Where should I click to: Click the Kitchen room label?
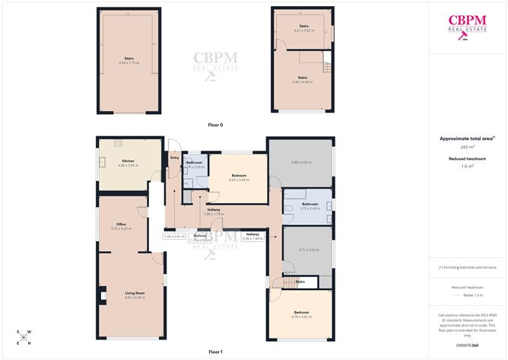click(126, 161)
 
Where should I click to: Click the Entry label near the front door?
click(174, 158)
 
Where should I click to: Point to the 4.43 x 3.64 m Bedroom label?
click(240, 177)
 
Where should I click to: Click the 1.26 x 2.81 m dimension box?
click(174, 237)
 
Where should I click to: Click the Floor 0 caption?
click(215, 124)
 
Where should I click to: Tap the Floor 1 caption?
click(215, 352)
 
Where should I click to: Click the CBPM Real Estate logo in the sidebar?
click(467, 26)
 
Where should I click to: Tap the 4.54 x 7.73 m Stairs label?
click(129, 61)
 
